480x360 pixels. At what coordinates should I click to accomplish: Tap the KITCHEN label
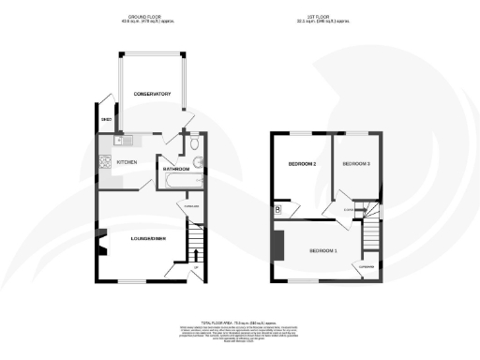point(127,162)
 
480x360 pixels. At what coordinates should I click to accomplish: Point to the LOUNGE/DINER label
point(148,240)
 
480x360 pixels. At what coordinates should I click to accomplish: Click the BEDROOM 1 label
point(323,250)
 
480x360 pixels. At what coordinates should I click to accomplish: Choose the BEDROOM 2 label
point(300,165)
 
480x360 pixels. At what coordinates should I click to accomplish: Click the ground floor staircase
point(197,246)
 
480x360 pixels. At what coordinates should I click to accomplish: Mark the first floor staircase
point(372,225)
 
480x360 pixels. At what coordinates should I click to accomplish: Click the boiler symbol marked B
point(278,209)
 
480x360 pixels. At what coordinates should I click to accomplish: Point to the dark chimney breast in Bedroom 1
point(278,246)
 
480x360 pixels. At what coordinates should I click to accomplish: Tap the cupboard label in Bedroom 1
point(367,266)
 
